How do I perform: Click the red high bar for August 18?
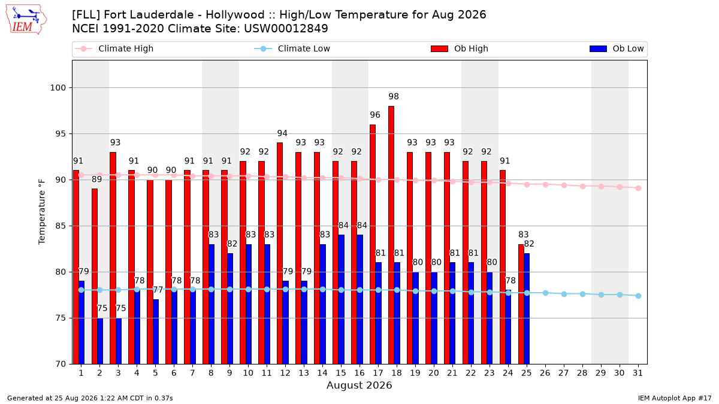click(391, 235)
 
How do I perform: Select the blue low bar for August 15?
click(341, 299)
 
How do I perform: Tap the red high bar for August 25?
click(521, 304)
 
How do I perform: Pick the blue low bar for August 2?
click(100, 341)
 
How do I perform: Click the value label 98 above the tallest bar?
click(394, 96)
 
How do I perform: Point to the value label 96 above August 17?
click(375, 115)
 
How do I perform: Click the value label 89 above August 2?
click(96, 179)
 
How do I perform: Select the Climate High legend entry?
click(114, 48)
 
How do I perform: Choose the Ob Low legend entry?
click(617, 48)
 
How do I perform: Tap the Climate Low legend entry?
click(292, 48)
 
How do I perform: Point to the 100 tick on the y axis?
click(58, 87)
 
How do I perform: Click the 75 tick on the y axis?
click(61, 318)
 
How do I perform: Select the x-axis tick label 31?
click(638, 373)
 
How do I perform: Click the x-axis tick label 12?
click(285, 373)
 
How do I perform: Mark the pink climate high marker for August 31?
click(639, 188)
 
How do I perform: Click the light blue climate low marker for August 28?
click(582, 294)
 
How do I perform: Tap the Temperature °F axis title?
click(42, 212)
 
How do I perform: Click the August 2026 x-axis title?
click(359, 385)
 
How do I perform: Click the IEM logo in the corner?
click(26, 20)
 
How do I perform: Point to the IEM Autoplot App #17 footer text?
click(675, 398)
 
